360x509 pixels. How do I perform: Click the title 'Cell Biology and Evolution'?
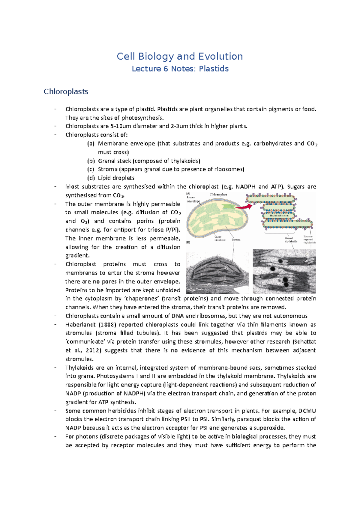(180, 56)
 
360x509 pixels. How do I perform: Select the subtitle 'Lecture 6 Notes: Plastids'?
(180, 69)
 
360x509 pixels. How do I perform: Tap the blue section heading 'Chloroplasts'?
(66, 91)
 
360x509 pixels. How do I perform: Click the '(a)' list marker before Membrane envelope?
(91, 144)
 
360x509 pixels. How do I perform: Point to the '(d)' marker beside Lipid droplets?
(91, 178)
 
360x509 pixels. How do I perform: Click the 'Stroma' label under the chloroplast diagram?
(236, 240)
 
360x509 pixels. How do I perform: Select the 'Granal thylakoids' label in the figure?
(291, 240)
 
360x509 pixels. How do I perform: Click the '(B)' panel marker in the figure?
(188, 243)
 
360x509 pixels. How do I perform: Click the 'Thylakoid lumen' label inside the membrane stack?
(279, 216)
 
